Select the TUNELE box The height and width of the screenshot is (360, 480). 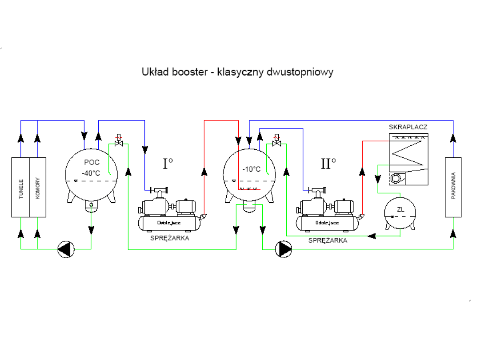(20, 187)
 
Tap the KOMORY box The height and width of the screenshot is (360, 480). (37, 187)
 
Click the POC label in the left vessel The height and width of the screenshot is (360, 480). (92, 163)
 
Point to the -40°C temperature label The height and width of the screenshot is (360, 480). (91, 173)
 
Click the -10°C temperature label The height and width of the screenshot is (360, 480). (251, 169)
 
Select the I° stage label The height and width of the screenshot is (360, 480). (168, 164)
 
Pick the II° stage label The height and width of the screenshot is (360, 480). (328, 164)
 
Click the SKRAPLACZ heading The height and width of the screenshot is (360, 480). (408, 127)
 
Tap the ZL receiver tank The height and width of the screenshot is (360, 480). (400, 212)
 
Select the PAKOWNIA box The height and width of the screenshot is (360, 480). (453, 187)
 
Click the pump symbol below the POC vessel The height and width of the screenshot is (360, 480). (65, 249)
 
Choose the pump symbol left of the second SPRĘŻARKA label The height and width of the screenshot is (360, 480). (284, 249)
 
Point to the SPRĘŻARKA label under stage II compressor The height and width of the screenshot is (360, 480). (328, 240)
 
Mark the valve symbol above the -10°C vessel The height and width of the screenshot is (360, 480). (276, 143)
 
